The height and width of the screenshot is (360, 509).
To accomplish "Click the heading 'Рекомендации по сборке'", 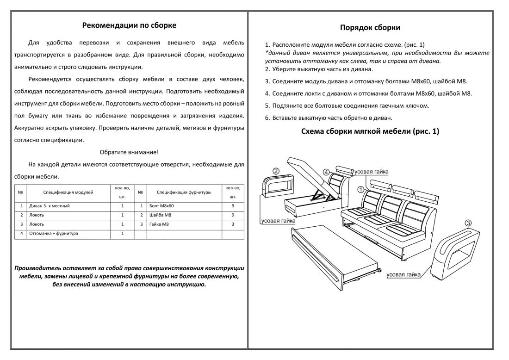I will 129,25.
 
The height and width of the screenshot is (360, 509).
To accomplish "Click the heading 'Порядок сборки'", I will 370,28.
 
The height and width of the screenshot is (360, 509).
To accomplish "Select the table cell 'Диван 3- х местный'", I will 50,206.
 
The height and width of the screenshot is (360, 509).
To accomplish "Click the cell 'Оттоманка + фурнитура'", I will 54,234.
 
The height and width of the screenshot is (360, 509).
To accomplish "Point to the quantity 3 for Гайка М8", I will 233,224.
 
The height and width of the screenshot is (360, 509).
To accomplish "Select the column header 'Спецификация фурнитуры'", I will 184,192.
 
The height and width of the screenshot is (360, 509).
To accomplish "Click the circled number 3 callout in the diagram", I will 468,223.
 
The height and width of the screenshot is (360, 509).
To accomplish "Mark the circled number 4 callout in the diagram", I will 326,173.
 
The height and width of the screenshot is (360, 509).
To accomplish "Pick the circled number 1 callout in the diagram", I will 361,190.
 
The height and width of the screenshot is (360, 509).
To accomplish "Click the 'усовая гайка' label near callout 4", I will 372,172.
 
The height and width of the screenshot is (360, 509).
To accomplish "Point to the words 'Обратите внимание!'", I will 129,152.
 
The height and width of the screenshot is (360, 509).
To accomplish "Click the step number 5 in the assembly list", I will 267,106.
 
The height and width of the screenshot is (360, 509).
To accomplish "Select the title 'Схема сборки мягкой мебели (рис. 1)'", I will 370,131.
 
